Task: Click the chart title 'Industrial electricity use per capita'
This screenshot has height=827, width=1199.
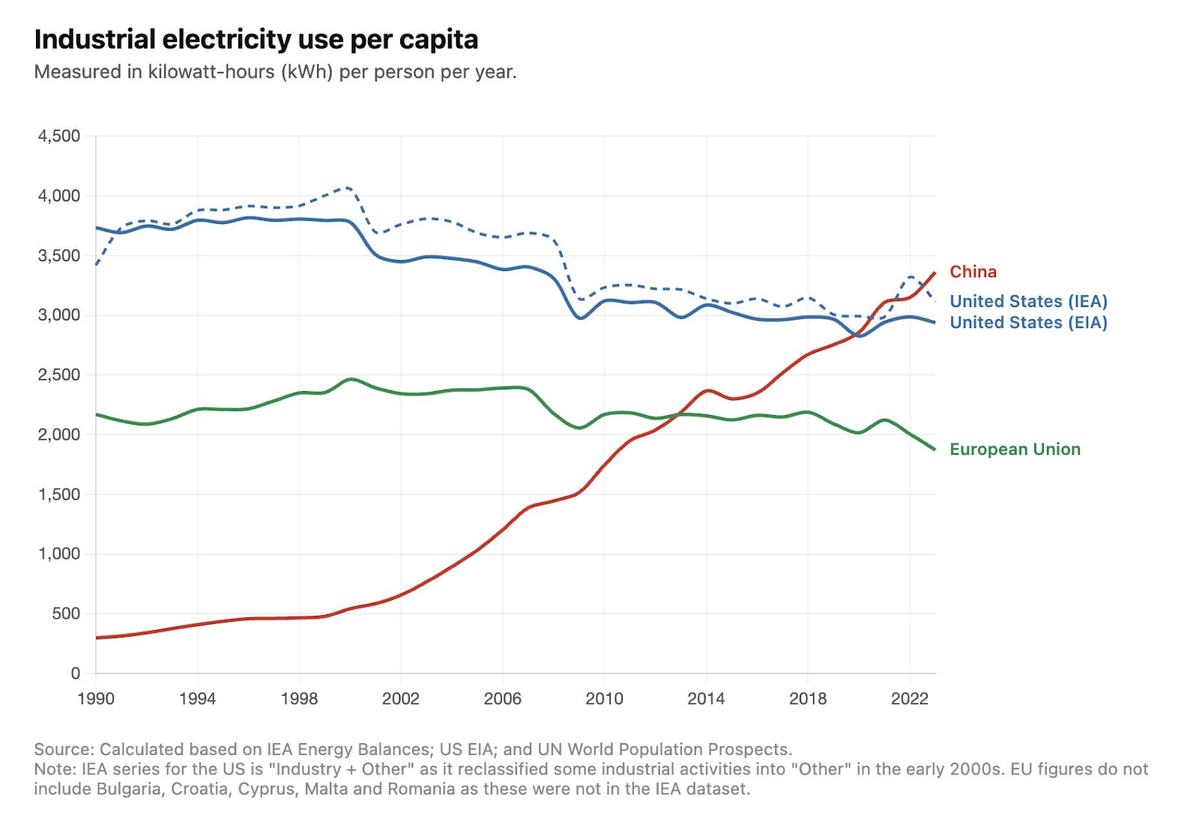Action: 256,39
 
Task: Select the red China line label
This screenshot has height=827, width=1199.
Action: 973,272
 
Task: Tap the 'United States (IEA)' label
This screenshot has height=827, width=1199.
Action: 1028,301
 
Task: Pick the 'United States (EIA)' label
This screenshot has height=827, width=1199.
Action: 1028,323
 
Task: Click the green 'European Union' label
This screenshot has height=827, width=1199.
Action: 1015,449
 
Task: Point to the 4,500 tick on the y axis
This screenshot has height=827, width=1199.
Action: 59,136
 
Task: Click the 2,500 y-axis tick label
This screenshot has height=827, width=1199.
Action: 59,375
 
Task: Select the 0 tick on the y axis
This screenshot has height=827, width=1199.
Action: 75,673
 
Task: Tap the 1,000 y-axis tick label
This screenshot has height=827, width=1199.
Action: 59,554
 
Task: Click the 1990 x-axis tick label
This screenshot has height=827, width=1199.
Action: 96,699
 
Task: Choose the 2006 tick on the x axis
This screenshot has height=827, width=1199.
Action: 502,699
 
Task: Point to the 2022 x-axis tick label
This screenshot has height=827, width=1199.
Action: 909,699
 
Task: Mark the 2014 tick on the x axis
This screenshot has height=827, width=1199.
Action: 706,699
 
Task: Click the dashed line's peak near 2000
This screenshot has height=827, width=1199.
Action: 347,187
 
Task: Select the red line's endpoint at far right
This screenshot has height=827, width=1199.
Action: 934,273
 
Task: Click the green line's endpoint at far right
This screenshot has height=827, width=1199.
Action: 934,449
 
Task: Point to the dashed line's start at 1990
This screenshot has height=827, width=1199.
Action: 97,264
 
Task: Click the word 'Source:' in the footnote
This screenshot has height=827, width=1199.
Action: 64,749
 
